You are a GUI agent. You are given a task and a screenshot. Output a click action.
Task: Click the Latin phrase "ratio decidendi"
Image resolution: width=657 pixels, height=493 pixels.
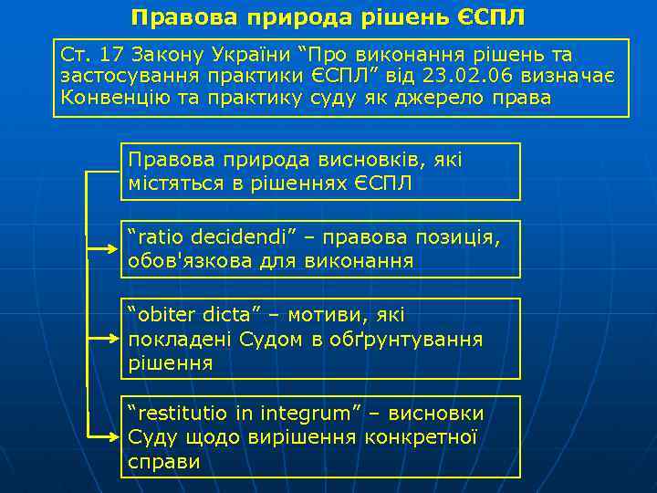213,238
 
